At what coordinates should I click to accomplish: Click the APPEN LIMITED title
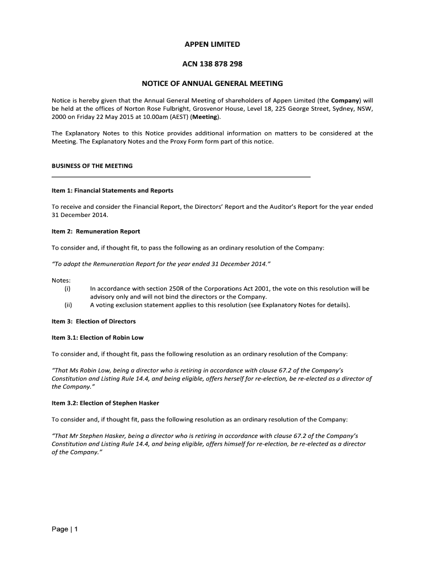point(212,44)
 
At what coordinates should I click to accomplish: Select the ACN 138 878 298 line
point(212,64)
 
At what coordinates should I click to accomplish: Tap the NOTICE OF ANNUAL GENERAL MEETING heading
point(212,84)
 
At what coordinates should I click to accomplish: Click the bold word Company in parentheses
point(345,100)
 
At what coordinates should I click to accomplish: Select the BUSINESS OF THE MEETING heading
point(92,166)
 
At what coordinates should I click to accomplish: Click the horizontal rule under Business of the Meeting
point(181,176)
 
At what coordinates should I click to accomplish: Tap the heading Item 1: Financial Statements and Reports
point(112,191)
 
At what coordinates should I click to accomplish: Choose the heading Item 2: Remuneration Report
point(96,231)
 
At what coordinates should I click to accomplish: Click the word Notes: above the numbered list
point(61,280)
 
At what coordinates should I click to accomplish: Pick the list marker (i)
point(68,289)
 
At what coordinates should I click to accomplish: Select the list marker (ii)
point(68,305)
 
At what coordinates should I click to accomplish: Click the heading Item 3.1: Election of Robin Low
point(97,338)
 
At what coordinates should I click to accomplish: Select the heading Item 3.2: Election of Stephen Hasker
point(105,403)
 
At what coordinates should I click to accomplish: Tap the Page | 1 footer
point(65,530)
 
